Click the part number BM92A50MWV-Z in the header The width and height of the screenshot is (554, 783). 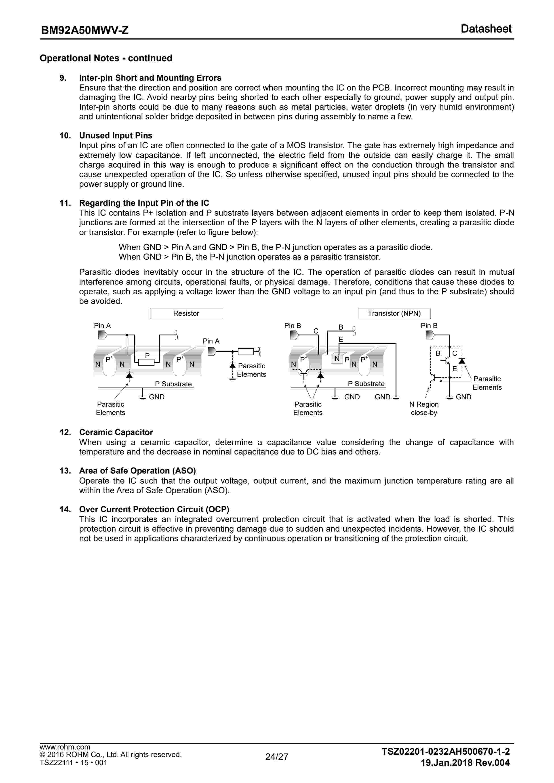pyautogui.click(x=85, y=30)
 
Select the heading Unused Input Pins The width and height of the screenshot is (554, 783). pyautogui.click(x=116, y=135)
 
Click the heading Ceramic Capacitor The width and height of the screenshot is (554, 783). pyautogui.click(x=116, y=432)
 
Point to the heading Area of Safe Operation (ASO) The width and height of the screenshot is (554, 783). pyautogui.click(x=137, y=471)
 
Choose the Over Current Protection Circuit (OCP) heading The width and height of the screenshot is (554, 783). pyautogui.click(x=154, y=509)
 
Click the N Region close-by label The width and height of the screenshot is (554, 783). pyautogui.click(x=424, y=408)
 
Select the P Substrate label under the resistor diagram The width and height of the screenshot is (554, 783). pyautogui.click(x=173, y=384)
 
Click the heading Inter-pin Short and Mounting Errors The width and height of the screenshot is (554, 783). pyautogui.click(x=150, y=78)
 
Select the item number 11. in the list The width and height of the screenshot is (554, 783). pyautogui.click(x=65, y=203)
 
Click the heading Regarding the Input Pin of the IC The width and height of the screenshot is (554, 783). pyautogui.click(x=144, y=203)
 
